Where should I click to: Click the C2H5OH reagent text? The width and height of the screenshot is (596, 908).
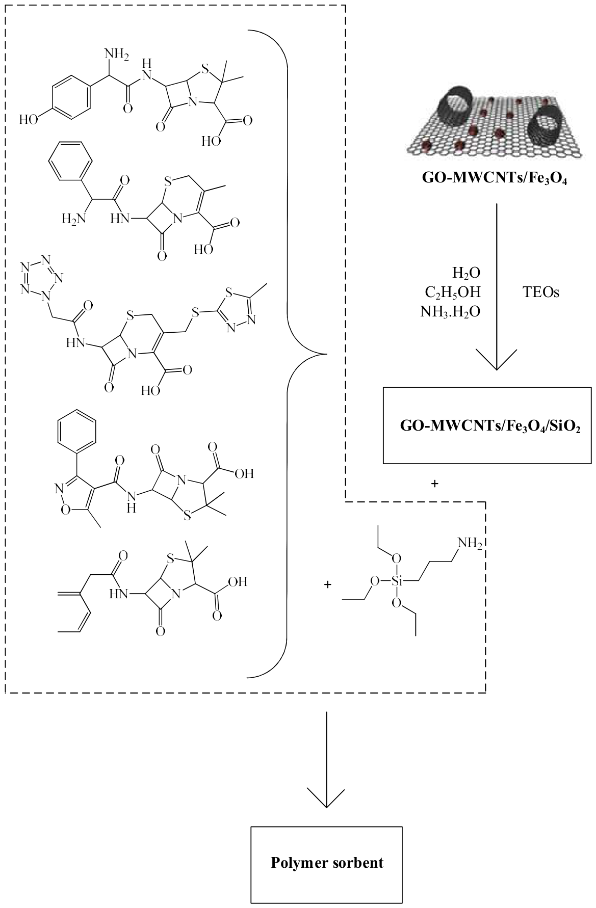[x=453, y=293]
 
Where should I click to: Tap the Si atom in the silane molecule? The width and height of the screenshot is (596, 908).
[x=397, y=581]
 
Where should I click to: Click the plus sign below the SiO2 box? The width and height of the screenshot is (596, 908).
[x=434, y=484]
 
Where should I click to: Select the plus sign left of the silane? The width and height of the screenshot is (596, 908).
[x=327, y=584]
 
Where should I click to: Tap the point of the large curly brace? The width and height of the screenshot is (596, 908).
[x=325, y=353]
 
